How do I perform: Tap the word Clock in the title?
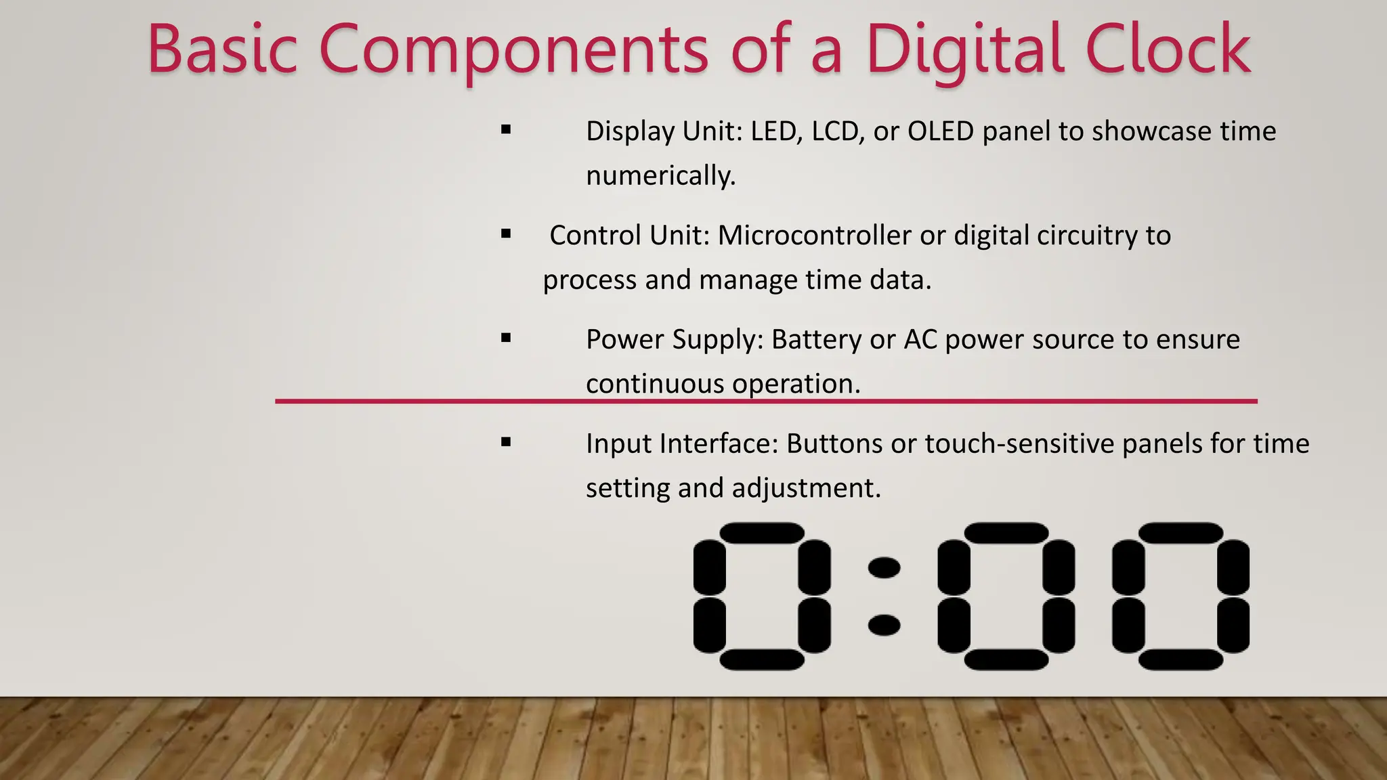pos(1168,49)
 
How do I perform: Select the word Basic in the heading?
pos(222,49)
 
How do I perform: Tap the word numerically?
pos(660,176)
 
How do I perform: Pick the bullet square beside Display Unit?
pos(506,129)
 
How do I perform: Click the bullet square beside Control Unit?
pos(506,234)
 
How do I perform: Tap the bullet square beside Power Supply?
pos(506,338)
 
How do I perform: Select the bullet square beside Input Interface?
pos(506,442)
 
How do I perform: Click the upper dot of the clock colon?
pos(884,567)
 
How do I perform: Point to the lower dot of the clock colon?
pos(884,625)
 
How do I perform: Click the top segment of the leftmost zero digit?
pos(761,533)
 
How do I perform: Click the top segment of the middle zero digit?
pos(1006,533)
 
